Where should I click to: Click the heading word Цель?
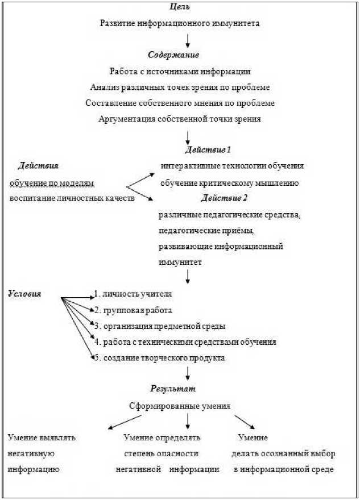(180, 7)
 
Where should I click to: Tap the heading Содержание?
(173, 55)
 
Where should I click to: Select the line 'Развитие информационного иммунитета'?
(180, 24)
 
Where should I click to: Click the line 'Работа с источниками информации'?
(180, 72)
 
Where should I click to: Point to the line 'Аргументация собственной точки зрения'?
(180, 119)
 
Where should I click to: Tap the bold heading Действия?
(38, 166)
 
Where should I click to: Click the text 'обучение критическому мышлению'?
(230, 183)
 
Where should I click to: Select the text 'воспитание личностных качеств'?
(72, 198)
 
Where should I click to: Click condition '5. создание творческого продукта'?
(159, 358)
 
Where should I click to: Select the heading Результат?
(173, 389)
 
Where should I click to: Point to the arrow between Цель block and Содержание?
(187, 40)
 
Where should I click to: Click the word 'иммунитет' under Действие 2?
(177, 262)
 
